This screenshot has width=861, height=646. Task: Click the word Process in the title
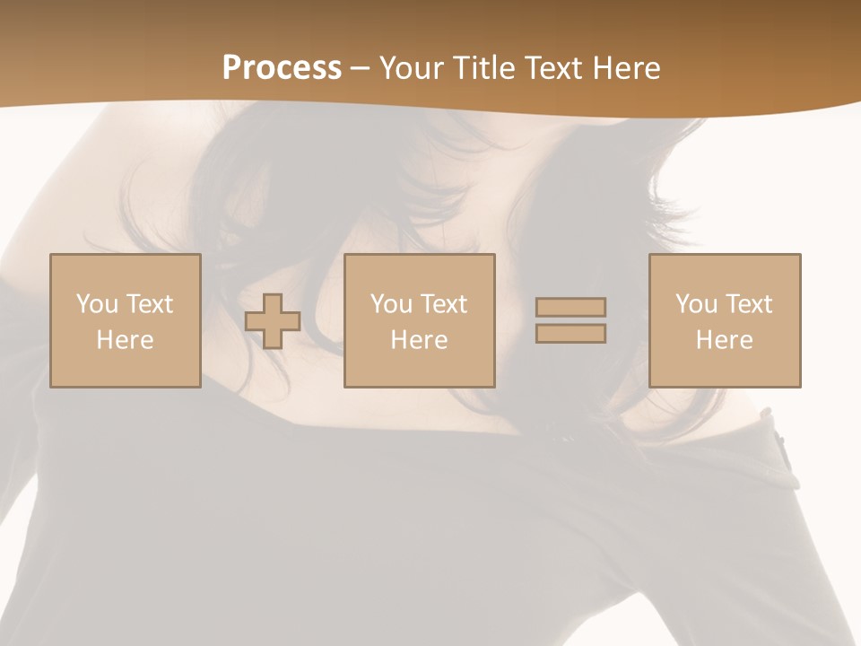click(282, 68)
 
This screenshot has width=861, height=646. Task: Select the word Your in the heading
click(414, 68)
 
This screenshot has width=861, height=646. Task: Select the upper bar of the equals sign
click(570, 307)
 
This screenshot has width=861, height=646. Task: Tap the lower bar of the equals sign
click(570, 333)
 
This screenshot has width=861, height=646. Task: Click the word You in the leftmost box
click(97, 304)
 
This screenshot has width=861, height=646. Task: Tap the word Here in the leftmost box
click(126, 340)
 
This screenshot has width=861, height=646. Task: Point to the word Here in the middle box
click(420, 340)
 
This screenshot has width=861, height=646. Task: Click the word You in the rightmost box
click(696, 304)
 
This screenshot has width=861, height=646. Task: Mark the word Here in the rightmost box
click(725, 340)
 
